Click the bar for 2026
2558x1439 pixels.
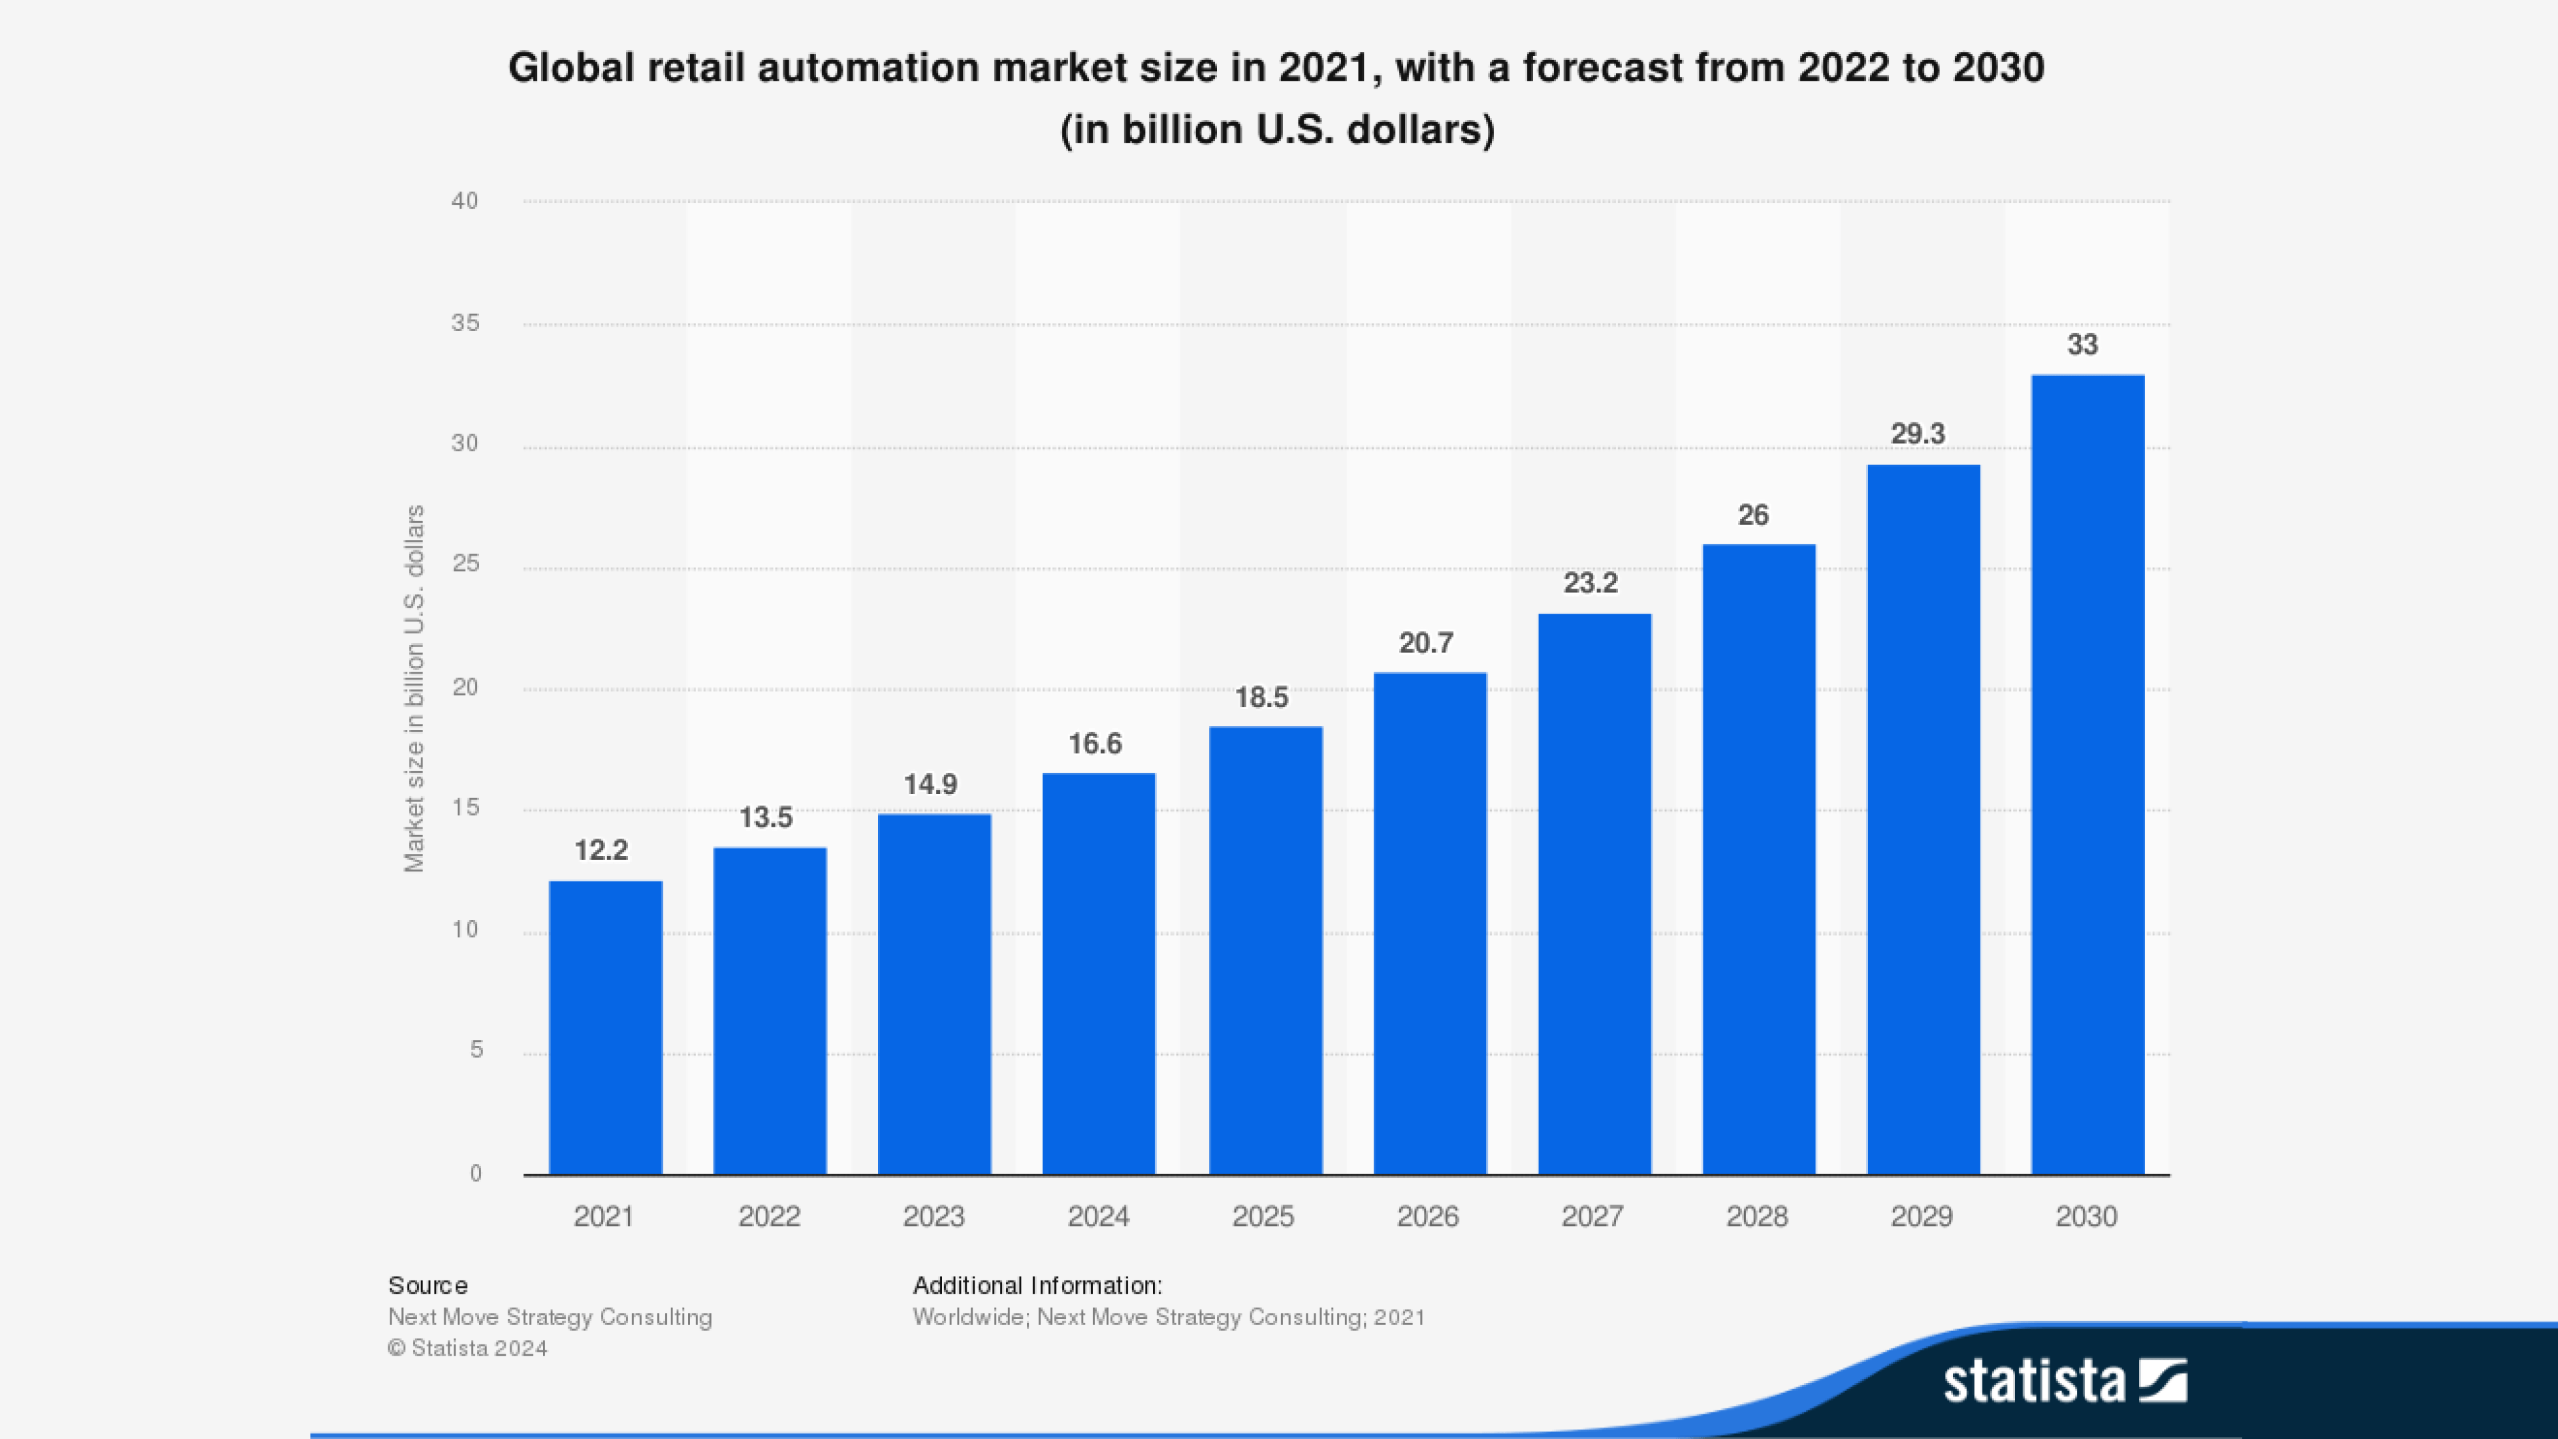coord(1430,923)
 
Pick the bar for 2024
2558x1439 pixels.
coord(1098,973)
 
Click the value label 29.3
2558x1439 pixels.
coord(1918,434)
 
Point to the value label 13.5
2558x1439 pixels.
coord(765,817)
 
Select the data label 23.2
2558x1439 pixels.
coord(1590,583)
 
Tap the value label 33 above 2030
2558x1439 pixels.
coord(2082,344)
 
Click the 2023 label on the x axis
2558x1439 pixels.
coord(933,1216)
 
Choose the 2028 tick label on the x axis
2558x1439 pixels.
coord(1757,1216)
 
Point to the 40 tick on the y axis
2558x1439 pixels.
coord(465,201)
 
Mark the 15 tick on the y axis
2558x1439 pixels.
coord(465,808)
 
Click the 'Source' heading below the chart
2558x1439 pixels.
coord(428,1285)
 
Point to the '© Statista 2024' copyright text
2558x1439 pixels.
coord(468,1348)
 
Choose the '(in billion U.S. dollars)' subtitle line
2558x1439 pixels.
coord(1277,130)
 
